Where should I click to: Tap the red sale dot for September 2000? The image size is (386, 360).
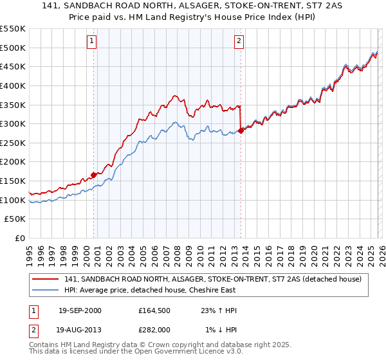point(94,174)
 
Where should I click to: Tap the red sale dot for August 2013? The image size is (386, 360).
point(241,130)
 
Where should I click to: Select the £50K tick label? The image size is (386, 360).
point(15,219)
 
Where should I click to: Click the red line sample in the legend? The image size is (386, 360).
point(46,279)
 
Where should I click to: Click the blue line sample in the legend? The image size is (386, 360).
point(46,290)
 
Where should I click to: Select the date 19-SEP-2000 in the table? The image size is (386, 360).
point(80,310)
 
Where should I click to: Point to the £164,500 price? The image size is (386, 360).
point(152,310)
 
